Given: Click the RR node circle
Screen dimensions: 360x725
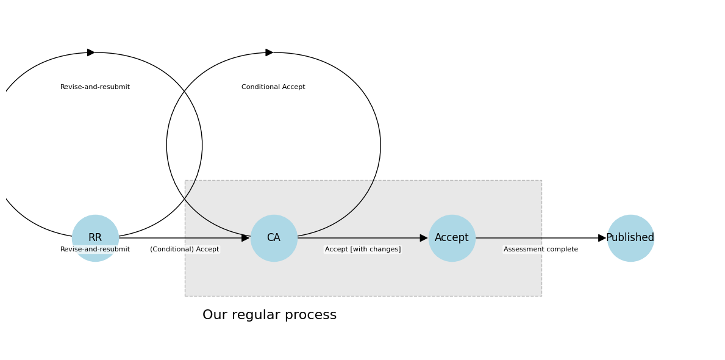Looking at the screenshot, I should coord(95,232).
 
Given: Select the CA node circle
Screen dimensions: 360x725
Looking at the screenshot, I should coord(274,238).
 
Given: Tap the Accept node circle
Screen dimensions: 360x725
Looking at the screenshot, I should coord(452,238).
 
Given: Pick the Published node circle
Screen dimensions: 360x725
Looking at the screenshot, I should coord(630,238).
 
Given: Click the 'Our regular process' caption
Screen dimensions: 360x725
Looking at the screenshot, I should coord(270,315).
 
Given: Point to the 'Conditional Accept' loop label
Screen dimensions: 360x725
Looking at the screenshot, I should coord(273,87).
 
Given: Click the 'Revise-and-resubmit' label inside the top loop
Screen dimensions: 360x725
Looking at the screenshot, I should coord(95,87).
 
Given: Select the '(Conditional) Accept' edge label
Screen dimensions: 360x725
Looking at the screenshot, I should coord(185,250).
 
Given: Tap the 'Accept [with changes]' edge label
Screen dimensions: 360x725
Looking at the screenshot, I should coord(363,250).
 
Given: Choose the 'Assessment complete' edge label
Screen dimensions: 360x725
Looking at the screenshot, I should coord(541,250).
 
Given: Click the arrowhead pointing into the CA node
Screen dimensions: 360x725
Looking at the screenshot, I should coord(246,238).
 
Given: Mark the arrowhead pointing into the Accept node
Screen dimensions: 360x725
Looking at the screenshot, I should coord(424,238).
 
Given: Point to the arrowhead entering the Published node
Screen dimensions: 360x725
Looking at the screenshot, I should coord(602,238).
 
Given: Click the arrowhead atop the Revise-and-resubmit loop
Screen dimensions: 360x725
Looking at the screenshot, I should coord(91,52).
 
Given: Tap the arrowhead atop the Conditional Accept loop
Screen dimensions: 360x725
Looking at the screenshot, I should coord(270,52).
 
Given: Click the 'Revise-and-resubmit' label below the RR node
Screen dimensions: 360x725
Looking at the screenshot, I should coord(95,250).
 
